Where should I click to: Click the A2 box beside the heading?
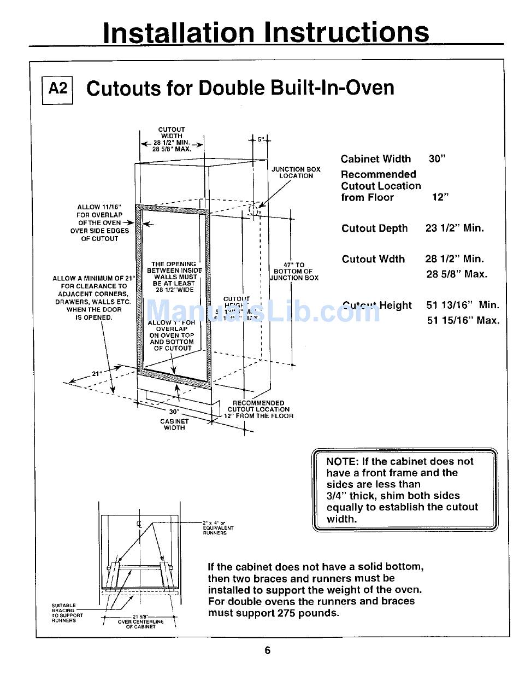[x=57, y=89]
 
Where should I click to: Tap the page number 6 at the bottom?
[x=268, y=650]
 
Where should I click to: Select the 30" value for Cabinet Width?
[x=437, y=159]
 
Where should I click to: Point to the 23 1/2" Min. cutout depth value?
[x=455, y=228]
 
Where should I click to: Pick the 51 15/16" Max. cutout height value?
[x=463, y=321]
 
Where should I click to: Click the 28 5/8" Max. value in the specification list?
[x=457, y=274]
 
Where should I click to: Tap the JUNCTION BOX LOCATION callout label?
[x=296, y=173]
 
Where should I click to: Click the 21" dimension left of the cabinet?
[x=97, y=374]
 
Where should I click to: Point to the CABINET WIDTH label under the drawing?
[x=174, y=425]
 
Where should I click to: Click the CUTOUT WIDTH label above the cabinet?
[x=172, y=133]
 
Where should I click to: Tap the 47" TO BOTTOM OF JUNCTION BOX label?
[x=293, y=271]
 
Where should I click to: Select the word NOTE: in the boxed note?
[x=341, y=461]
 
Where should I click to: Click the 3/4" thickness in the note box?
[x=339, y=496]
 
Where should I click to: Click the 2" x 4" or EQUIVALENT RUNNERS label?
[x=218, y=528]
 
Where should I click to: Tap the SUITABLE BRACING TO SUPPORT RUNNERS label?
[x=67, y=613]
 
